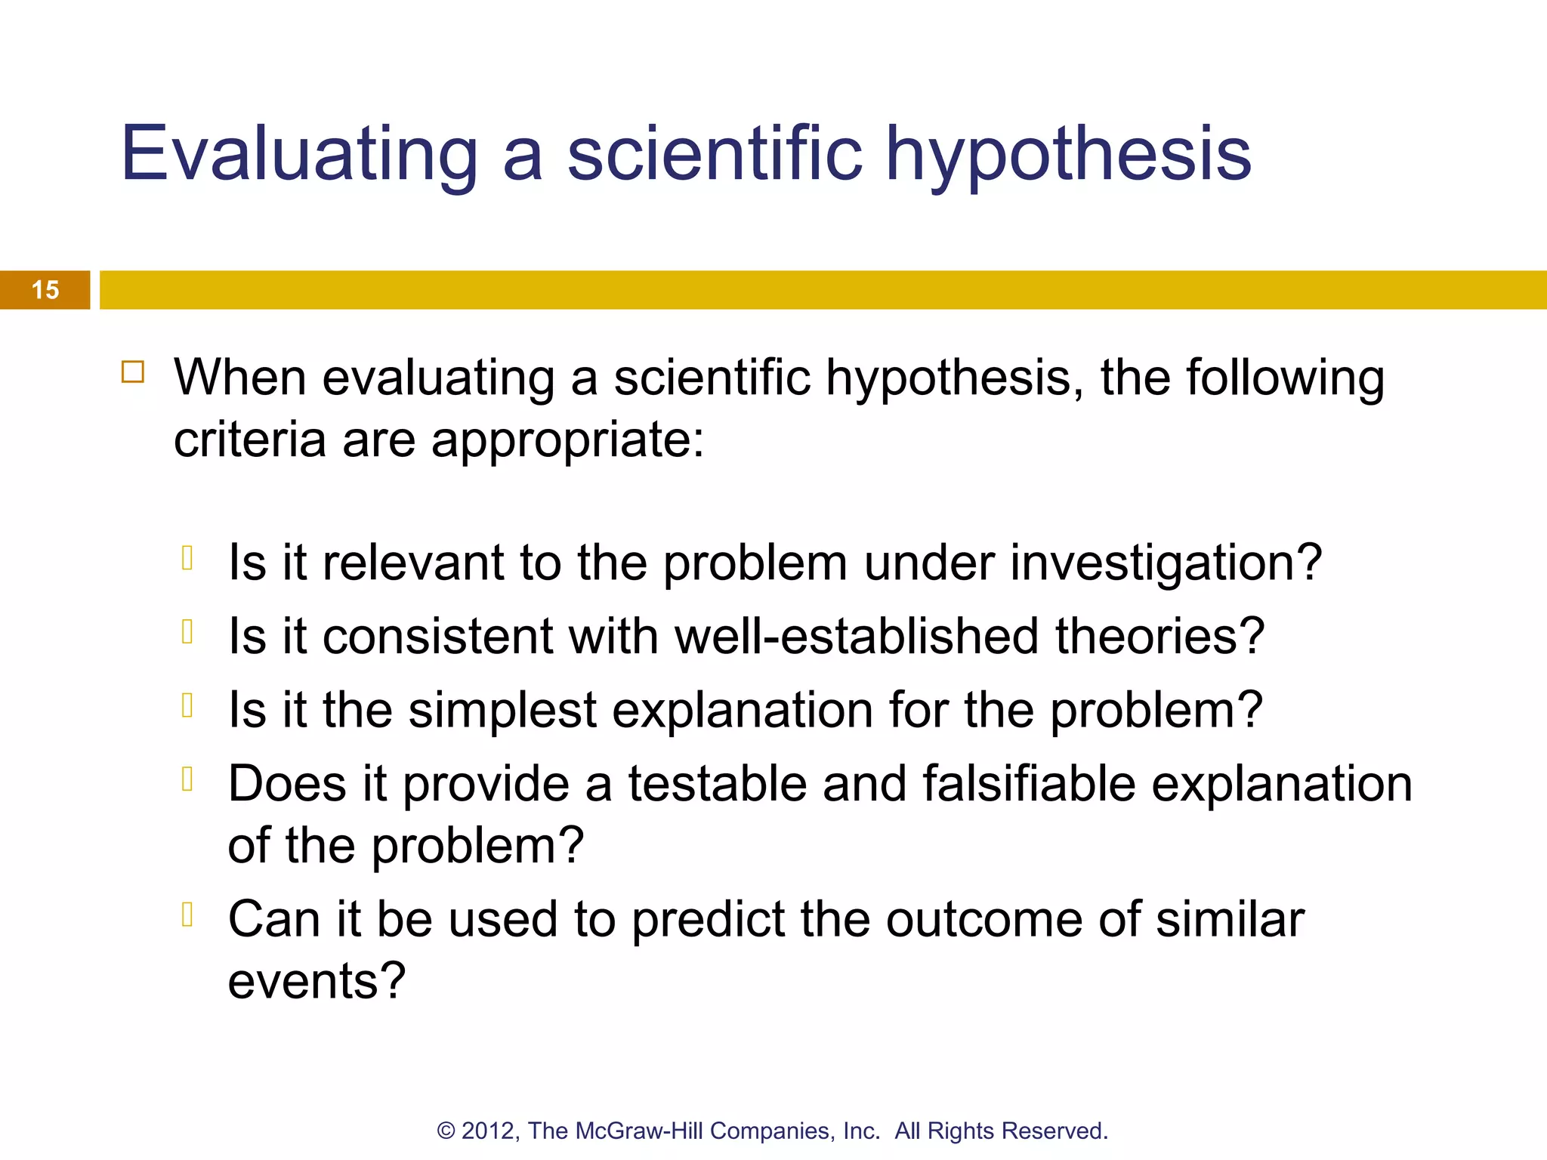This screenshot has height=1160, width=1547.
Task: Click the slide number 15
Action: coord(45,290)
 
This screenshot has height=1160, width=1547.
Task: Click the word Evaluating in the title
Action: coord(299,155)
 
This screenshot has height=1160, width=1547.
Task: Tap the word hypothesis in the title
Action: coord(1068,155)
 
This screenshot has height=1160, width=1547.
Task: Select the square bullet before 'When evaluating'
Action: coord(133,372)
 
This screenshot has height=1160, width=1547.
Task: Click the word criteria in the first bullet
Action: coord(249,440)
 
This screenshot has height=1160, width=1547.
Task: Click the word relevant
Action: coord(413,563)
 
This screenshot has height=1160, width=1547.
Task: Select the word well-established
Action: coord(857,636)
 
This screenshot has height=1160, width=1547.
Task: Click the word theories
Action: coord(1159,636)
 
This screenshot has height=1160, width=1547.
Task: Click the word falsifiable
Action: coord(1029,783)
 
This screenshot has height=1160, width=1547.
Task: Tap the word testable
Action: coord(718,783)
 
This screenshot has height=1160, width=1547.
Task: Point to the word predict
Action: coord(708,920)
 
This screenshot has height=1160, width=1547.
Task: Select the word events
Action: coord(317,981)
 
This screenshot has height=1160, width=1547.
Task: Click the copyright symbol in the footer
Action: coord(446,1131)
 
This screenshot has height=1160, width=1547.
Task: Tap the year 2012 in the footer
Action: coord(489,1131)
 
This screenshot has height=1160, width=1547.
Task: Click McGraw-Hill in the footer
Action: coord(639,1131)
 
